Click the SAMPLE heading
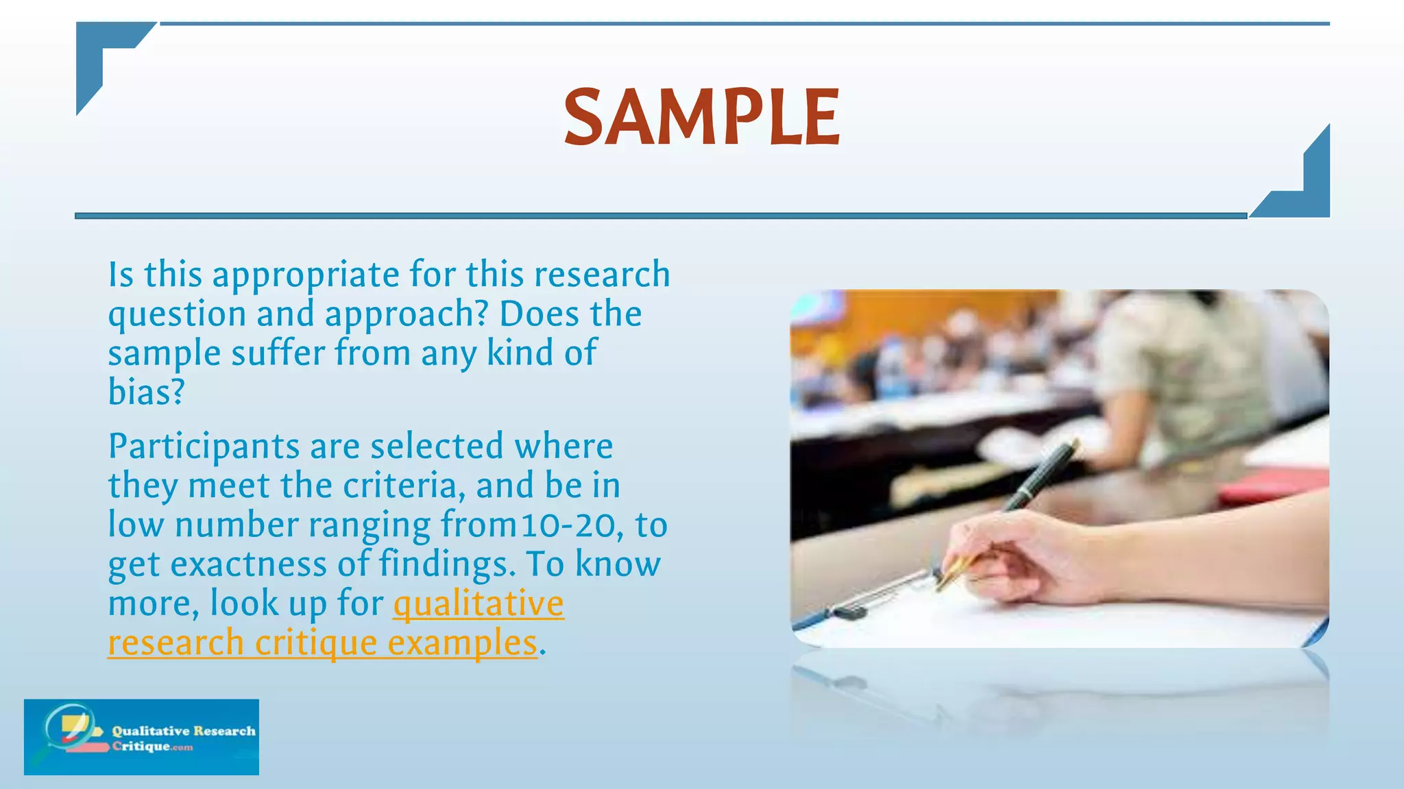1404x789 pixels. pyautogui.click(x=701, y=117)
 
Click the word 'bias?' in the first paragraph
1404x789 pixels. pyautogui.click(x=147, y=392)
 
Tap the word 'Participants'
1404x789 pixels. pyautogui.click(x=204, y=447)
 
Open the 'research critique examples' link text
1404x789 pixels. pyautogui.click(x=322, y=643)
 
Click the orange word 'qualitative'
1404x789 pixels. pyautogui.click(x=478, y=604)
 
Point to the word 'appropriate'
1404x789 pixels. pyautogui.click(x=306, y=275)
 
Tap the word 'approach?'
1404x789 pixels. pyautogui.click(x=406, y=314)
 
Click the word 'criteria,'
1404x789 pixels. pyautogui.click(x=400, y=486)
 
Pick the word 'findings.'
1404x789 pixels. pyautogui.click(x=446, y=565)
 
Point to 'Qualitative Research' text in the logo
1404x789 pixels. pyautogui.click(x=184, y=731)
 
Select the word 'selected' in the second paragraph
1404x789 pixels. pyautogui.click(x=437, y=447)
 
